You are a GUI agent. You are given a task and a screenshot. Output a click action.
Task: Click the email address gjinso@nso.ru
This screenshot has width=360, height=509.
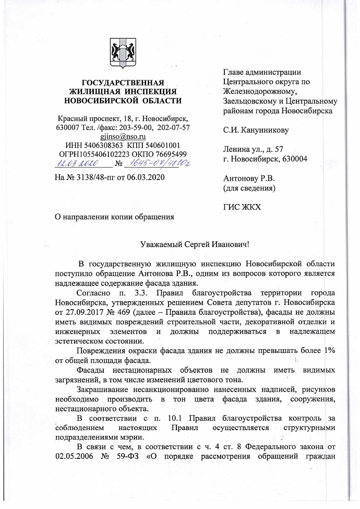[123, 136]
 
